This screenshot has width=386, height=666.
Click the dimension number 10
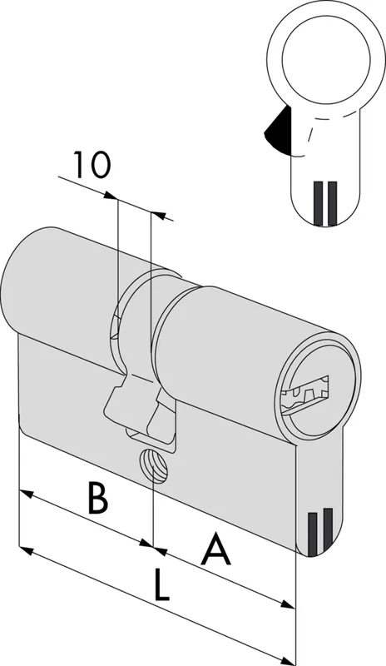pyautogui.click(x=93, y=164)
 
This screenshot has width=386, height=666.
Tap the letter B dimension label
pyautogui.click(x=97, y=497)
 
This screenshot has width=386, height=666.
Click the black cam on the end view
pyautogui.click(x=278, y=130)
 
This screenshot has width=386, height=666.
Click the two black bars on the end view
pyautogui.click(x=325, y=203)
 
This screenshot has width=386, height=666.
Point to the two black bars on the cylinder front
pyautogui.click(x=319, y=531)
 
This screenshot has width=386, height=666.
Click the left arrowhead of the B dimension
pyautogui.click(x=27, y=493)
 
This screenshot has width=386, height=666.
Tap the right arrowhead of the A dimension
pyautogui.click(x=287, y=604)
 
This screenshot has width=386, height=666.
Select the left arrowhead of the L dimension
pyautogui.click(x=27, y=551)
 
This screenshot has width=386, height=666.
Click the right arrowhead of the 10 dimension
pyautogui.click(x=158, y=215)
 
